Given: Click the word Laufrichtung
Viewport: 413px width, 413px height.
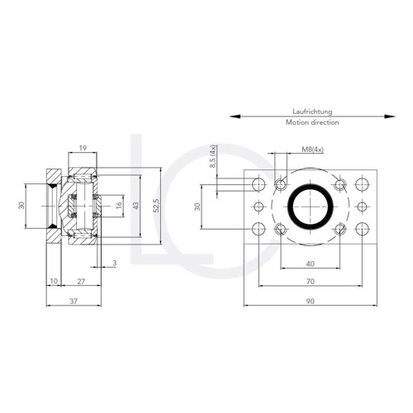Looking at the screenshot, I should pyautogui.click(x=312, y=111).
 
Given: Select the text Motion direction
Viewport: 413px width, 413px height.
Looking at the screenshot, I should pyautogui.click(x=312, y=122).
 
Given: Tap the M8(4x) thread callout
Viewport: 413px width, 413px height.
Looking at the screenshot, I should pyautogui.click(x=312, y=150).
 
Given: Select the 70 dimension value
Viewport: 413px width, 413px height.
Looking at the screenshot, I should pyautogui.click(x=311, y=282).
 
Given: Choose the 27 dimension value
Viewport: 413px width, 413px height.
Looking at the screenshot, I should pyautogui.click(x=80, y=282).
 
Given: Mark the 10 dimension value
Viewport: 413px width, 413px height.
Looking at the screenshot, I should pyautogui.click(x=53, y=282).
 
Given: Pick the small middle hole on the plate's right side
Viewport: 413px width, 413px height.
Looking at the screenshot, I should pyautogui.click(x=361, y=206).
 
